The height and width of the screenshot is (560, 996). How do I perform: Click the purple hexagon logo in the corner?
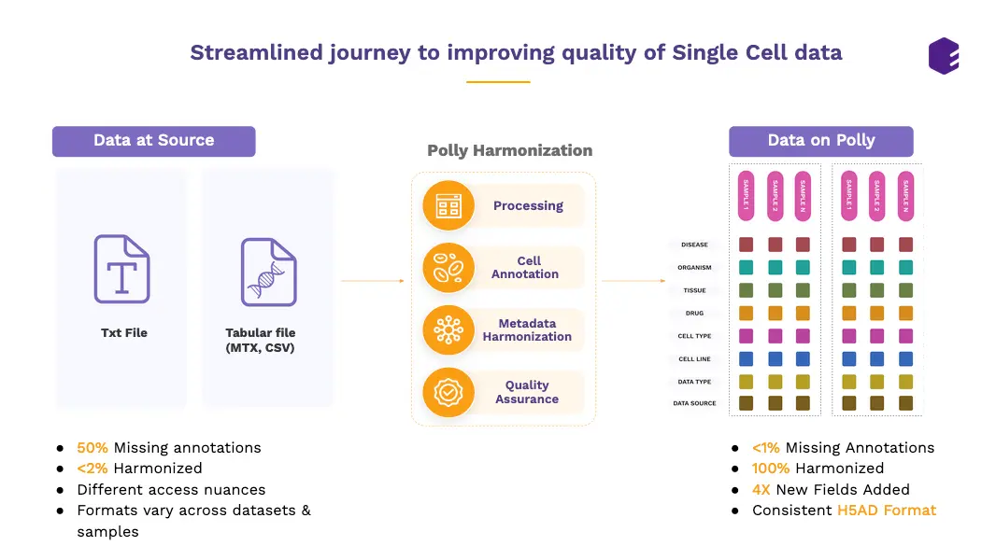(x=944, y=55)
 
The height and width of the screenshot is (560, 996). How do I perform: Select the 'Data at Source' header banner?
(x=153, y=141)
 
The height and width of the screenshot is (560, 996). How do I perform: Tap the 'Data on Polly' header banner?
(x=820, y=141)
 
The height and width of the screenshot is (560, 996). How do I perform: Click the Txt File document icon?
(x=122, y=269)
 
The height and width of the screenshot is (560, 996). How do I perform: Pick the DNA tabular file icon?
(x=268, y=272)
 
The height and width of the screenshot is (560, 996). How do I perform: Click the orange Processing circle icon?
(x=448, y=205)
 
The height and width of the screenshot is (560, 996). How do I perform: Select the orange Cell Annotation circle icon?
(x=448, y=268)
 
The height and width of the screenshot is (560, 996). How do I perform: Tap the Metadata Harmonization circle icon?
(x=448, y=330)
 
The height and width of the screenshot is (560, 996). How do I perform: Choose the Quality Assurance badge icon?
(x=448, y=392)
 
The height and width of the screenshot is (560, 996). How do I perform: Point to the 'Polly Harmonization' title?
(x=509, y=150)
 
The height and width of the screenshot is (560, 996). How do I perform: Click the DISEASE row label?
(x=694, y=245)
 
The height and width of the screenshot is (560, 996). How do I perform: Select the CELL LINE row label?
(x=694, y=359)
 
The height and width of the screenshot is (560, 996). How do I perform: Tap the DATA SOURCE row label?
(x=694, y=404)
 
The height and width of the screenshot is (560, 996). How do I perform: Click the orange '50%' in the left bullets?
(x=92, y=448)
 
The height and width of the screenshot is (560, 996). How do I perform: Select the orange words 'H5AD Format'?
(x=886, y=511)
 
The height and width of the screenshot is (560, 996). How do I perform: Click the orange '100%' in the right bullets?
(x=771, y=469)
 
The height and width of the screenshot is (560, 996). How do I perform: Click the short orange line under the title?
(x=498, y=82)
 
